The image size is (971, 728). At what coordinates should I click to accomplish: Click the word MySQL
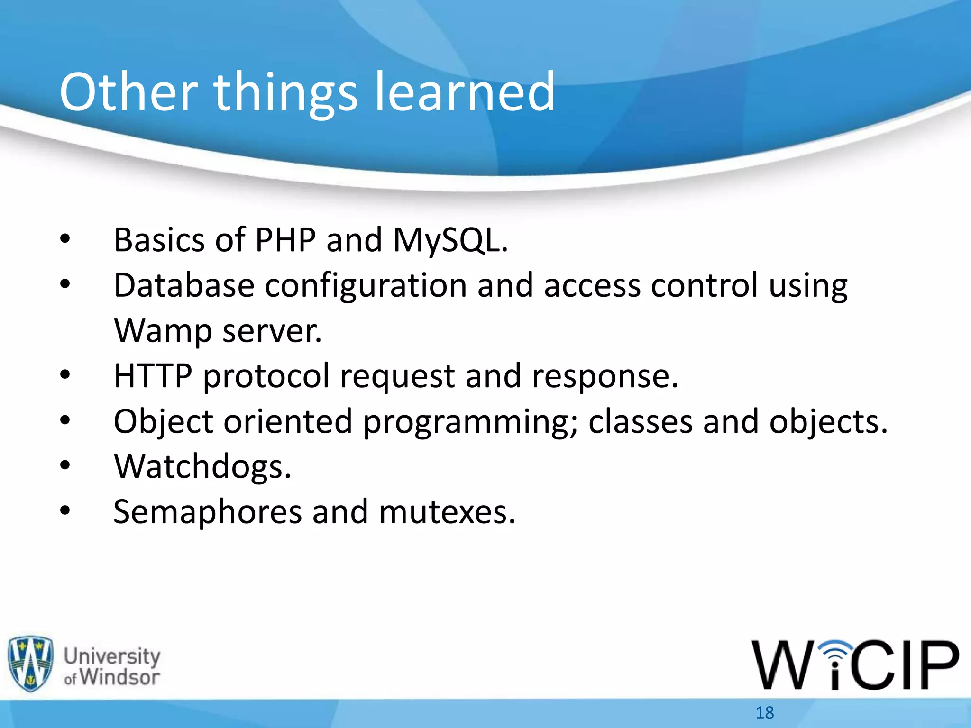click(x=450, y=240)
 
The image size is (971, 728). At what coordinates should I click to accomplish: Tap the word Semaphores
click(x=208, y=512)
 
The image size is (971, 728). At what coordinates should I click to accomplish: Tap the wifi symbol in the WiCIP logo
click(x=837, y=652)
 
